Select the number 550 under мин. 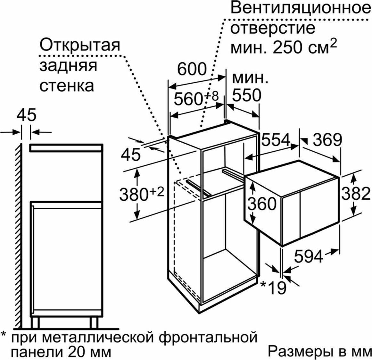point(246,96)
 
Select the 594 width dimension point(309,256)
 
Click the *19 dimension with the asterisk point(273,287)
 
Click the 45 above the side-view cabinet point(27,115)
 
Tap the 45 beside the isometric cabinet point(131,155)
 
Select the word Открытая point(80,45)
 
